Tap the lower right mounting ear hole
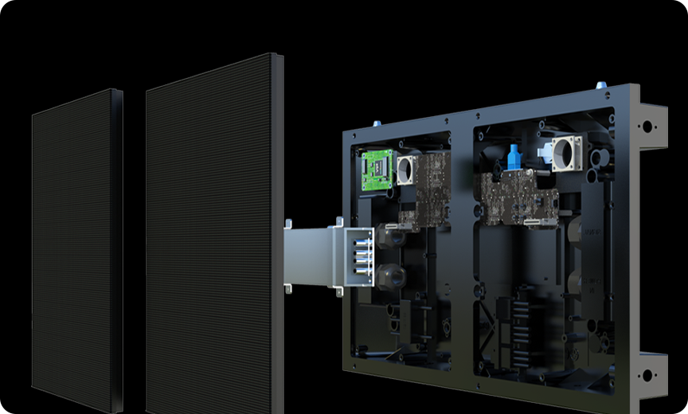(646, 374)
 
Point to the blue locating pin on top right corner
(602, 84)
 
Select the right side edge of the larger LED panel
(278, 231)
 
